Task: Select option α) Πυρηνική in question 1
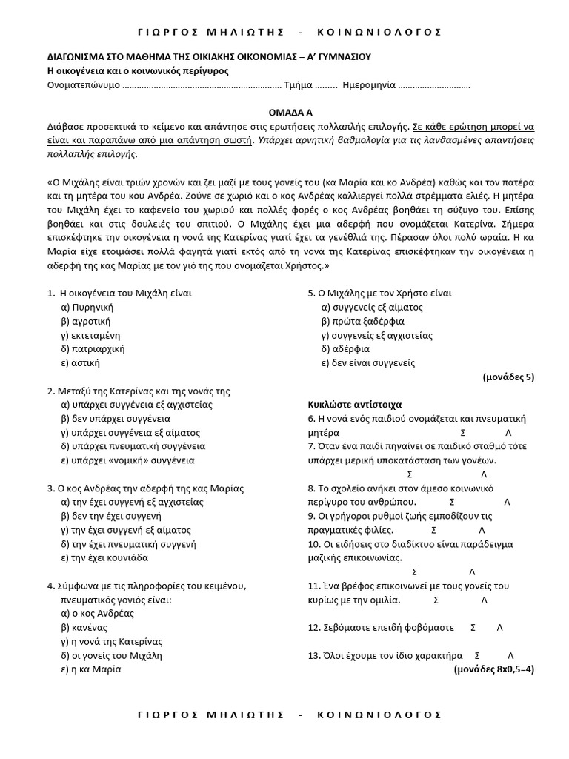87,307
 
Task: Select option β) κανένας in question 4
84,627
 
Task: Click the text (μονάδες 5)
508,377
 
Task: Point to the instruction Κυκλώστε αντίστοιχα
355,405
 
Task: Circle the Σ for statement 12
473,627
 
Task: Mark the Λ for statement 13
511,655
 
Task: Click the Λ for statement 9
482,530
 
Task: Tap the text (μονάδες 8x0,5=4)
493,669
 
